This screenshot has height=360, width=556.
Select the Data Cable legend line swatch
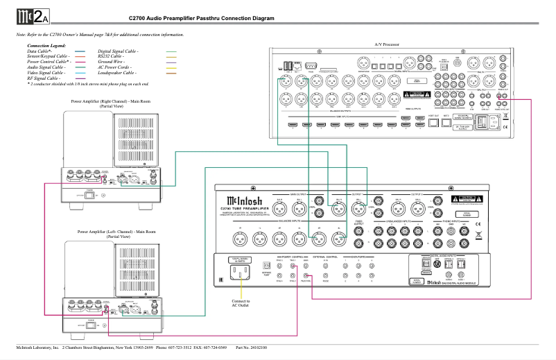tap(80, 51)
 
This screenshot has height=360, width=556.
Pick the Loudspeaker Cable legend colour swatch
tap(171, 72)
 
